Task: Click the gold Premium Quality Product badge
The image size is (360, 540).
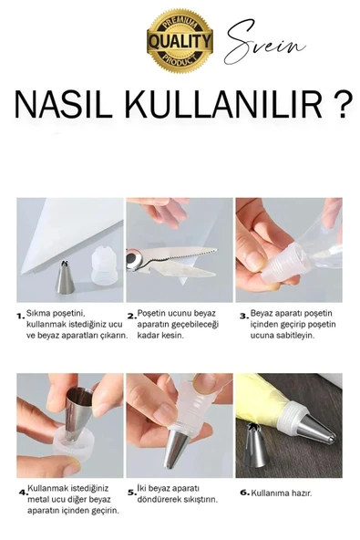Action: pos(180,39)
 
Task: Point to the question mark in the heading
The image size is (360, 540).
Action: pos(341,105)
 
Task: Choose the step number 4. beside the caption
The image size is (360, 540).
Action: pos(21,493)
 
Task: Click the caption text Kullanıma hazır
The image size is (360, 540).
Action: pos(282,493)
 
